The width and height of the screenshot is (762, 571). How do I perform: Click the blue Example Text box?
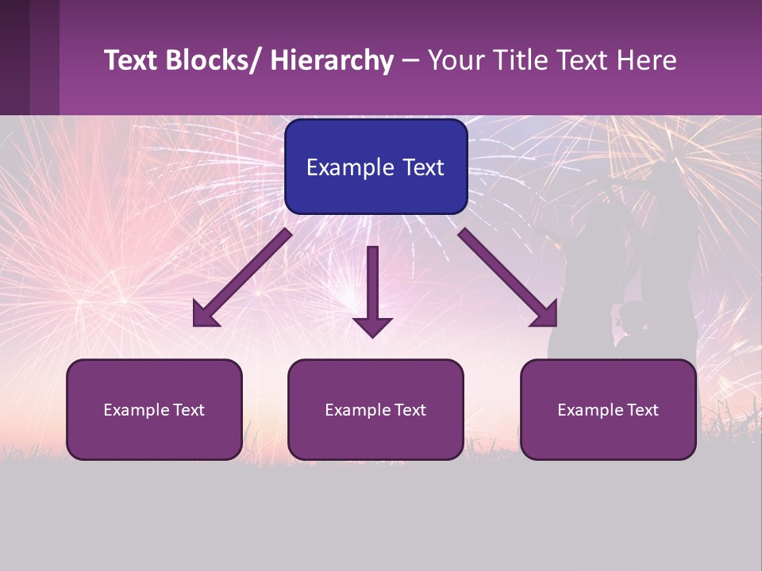375,167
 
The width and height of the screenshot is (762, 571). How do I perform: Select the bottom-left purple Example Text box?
154,409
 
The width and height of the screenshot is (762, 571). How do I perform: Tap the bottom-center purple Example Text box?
375,409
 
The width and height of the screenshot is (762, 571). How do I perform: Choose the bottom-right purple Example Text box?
608,409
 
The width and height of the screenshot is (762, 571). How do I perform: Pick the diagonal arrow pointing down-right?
509,278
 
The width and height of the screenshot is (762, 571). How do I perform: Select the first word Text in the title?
131,60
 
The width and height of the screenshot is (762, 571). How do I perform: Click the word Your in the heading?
456,60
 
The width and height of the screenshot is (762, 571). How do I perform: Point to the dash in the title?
410,62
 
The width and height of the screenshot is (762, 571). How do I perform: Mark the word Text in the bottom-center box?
411,410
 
